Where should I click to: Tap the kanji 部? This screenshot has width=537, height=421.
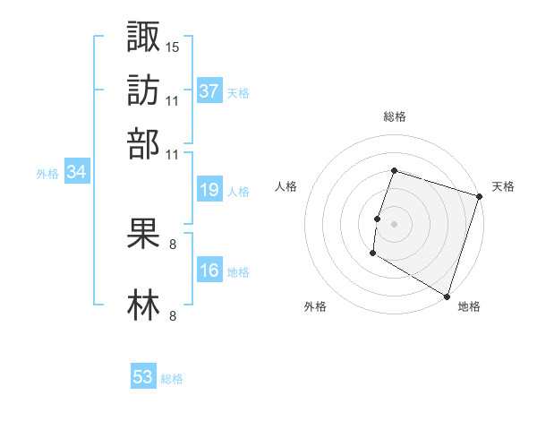(x=144, y=143)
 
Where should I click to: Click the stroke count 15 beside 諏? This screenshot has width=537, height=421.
(x=173, y=46)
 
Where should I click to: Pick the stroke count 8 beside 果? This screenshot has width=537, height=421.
(x=172, y=243)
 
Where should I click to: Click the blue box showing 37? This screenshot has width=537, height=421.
(x=209, y=90)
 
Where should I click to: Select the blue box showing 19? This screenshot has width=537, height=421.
(x=209, y=190)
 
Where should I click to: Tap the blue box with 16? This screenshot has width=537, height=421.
(x=209, y=271)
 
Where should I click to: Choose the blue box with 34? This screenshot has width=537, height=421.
(x=76, y=172)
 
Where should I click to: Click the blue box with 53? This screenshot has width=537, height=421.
(x=143, y=377)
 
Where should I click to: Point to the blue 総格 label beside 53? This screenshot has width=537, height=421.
(x=172, y=379)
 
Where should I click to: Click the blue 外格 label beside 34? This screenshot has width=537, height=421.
(x=47, y=174)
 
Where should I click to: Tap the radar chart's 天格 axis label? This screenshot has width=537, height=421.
(x=503, y=186)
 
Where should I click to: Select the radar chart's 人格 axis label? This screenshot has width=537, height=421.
(x=286, y=186)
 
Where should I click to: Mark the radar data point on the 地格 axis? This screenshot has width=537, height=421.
(x=446, y=296)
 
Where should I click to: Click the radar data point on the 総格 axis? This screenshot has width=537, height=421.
(x=394, y=171)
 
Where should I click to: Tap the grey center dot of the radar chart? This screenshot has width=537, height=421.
(x=394, y=224)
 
